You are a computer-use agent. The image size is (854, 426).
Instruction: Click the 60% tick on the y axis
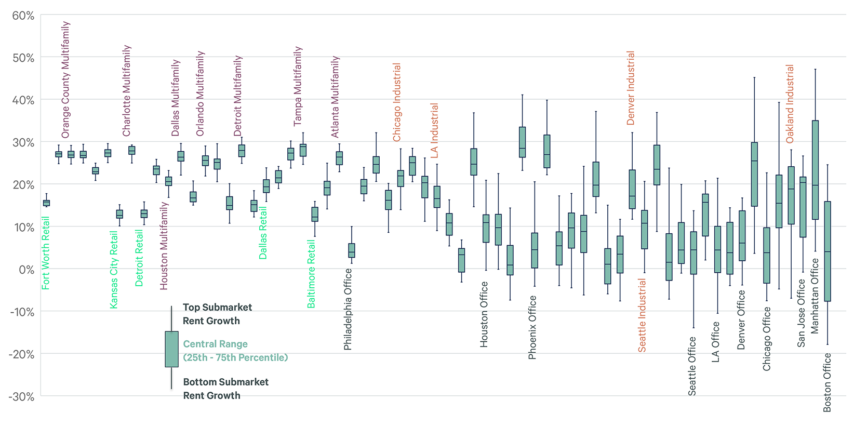[x=23, y=16]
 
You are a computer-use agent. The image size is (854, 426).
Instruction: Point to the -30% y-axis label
[x=21, y=396]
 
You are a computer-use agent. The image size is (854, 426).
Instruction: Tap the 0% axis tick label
[x=26, y=269]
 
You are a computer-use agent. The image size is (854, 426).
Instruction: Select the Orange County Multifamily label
[x=65, y=79]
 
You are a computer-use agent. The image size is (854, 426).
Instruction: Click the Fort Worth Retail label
[x=46, y=253]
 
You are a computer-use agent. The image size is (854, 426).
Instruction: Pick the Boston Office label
[x=828, y=382]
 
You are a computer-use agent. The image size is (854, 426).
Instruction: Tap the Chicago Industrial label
[x=397, y=102]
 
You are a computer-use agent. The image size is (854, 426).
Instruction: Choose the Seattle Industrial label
[x=642, y=315]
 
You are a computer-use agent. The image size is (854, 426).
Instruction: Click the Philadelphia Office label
[x=348, y=310]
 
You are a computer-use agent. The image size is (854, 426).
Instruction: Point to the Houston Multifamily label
[x=164, y=246]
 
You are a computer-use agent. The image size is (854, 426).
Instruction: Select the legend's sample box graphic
[x=171, y=349]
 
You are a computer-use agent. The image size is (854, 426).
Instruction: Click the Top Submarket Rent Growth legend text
[x=217, y=314]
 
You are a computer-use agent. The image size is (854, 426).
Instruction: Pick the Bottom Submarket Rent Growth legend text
[x=225, y=389]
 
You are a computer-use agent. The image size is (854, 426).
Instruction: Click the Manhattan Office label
[x=815, y=296]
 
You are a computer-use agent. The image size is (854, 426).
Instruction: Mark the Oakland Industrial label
[x=790, y=104]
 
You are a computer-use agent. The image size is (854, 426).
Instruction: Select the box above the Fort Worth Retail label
[x=46, y=203]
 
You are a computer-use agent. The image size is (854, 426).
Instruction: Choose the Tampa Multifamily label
[x=298, y=86]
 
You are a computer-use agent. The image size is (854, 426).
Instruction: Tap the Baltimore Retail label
[x=311, y=274]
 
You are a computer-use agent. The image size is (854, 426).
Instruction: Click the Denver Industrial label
[x=631, y=88]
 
